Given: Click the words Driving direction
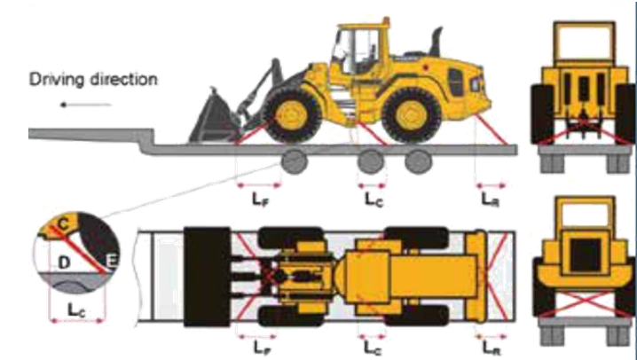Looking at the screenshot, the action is click(x=93, y=79).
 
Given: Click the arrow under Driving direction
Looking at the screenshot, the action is click(x=86, y=105).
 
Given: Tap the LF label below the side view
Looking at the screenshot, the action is click(x=260, y=200).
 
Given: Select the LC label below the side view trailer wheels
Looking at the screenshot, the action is click(x=374, y=200).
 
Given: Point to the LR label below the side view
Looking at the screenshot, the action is click(x=490, y=200).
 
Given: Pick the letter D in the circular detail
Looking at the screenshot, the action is click(x=64, y=262).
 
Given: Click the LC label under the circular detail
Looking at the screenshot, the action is click(x=76, y=310).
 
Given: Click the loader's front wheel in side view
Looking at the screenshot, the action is click(x=291, y=115).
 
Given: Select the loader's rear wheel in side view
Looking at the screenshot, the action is click(x=411, y=115).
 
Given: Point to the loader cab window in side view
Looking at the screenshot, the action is click(x=358, y=51).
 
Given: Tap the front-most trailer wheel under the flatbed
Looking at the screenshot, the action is click(x=295, y=161).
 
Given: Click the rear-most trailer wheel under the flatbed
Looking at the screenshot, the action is click(x=418, y=161).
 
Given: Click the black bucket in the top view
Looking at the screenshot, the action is click(x=208, y=277).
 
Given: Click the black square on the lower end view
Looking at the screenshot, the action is click(x=586, y=255).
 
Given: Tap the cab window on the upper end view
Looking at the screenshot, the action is click(x=585, y=42).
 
